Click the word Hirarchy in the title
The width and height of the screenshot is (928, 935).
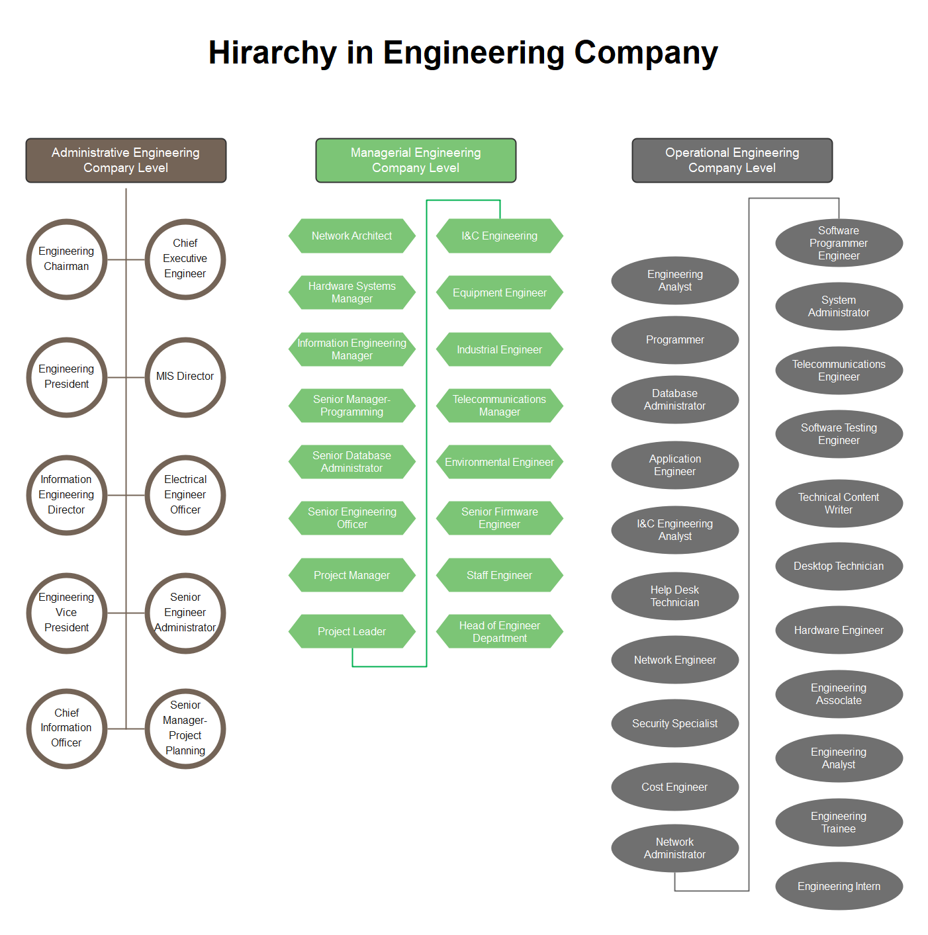(x=273, y=53)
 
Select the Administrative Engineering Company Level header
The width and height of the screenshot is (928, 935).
(x=126, y=160)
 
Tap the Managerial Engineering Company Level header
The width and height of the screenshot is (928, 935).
(x=416, y=160)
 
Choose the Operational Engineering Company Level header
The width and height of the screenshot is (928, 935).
(x=732, y=160)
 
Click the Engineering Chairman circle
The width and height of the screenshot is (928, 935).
(x=66, y=259)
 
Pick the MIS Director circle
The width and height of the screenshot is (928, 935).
(x=185, y=377)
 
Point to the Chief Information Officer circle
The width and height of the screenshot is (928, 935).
(x=66, y=728)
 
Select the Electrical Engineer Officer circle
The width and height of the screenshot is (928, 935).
(x=185, y=494)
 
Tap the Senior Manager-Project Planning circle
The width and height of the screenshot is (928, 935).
(x=185, y=728)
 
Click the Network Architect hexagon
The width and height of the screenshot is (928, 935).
(x=351, y=236)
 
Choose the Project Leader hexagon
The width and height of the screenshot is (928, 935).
(x=351, y=631)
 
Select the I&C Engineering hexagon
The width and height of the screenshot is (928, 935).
(x=500, y=236)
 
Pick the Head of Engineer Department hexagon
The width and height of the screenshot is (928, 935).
(x=500, y=631)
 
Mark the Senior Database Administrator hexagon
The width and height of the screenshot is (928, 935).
(x=351, y=462)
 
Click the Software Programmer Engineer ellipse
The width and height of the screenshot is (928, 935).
(x=839, y=243)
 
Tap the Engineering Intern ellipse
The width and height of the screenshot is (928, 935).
(x=839, y=886)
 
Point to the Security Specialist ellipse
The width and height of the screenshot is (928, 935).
(x=674, y=723)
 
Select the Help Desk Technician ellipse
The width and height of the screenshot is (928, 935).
(x=674, y=596)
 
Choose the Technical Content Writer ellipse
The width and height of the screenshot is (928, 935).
(x=839, y=503)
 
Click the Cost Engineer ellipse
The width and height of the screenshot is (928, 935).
(x=674, y=787)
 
